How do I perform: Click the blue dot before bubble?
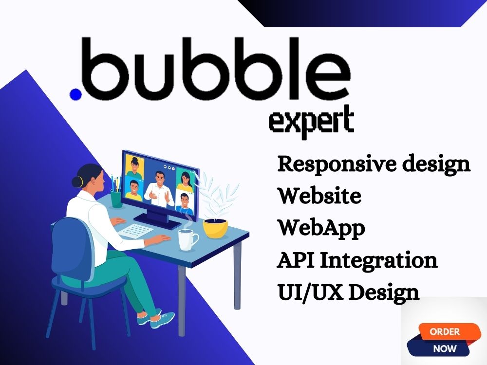[75, 94]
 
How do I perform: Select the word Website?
[319, 196]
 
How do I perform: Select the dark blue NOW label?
[444, 348]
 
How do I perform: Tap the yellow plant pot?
[215, 227]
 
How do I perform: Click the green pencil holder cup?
[116, 198]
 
